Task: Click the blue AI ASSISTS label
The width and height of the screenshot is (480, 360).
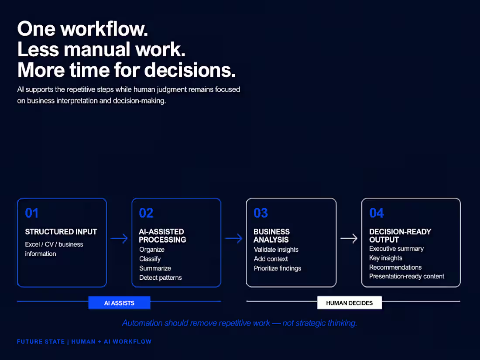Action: click(x=120, y=303)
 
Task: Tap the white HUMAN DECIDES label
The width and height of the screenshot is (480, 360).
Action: click(x=350, y=303)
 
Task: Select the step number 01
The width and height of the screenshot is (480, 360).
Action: click(x=32, y=213)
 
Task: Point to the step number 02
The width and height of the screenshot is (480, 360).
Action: click(x=146, y=213)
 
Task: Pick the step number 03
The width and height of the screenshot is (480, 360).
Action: click(x=261, y=213)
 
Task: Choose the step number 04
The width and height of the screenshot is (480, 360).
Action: click(x=377, y=213)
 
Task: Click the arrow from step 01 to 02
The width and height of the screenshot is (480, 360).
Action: click(x=119, y=238)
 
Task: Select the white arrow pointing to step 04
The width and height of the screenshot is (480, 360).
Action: click(x=349, y=238)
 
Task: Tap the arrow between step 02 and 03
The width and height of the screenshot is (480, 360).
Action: click(x=233, y=238)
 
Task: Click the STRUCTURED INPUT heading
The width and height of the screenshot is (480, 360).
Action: click(x=61, y=232)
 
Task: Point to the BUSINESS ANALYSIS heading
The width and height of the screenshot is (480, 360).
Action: click(x=271, y=236)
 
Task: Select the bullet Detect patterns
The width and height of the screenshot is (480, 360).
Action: click(x=161, y=278)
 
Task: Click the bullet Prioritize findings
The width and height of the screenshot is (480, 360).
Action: click(x=278, y=268)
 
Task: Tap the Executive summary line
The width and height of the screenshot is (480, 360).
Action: click(x=396, y=249)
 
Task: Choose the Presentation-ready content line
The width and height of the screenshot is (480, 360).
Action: click(x=407, y=276)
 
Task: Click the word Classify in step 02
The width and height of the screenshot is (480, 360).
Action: click(x=150, y=259)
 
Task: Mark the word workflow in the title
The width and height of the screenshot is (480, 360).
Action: click(x=104, y=29)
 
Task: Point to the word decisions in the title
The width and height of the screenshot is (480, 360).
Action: click(x=190, y=70)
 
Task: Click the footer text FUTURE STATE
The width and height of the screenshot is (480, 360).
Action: click(x=41, y=342)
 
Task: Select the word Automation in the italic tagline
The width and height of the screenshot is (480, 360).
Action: click(x=142, y=323)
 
